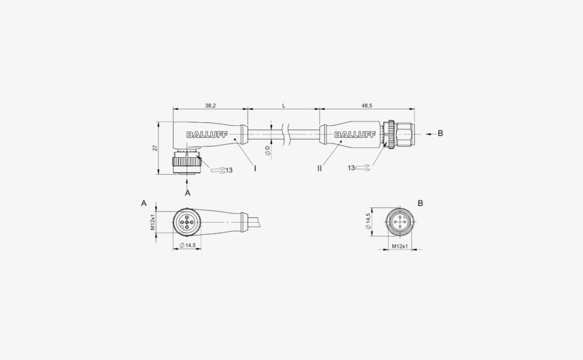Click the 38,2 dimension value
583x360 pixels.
pos(211,106)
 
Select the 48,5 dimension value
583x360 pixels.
pos(367,106)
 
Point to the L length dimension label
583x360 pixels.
pos(284,106)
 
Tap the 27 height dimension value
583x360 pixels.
pos(155,148)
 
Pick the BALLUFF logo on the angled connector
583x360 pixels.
pos(207,134)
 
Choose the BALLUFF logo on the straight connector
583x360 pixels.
pos(355,134)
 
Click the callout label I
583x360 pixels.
pos(255,169)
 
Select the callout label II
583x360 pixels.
pos(319,169)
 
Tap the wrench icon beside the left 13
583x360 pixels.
pos(217,170)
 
